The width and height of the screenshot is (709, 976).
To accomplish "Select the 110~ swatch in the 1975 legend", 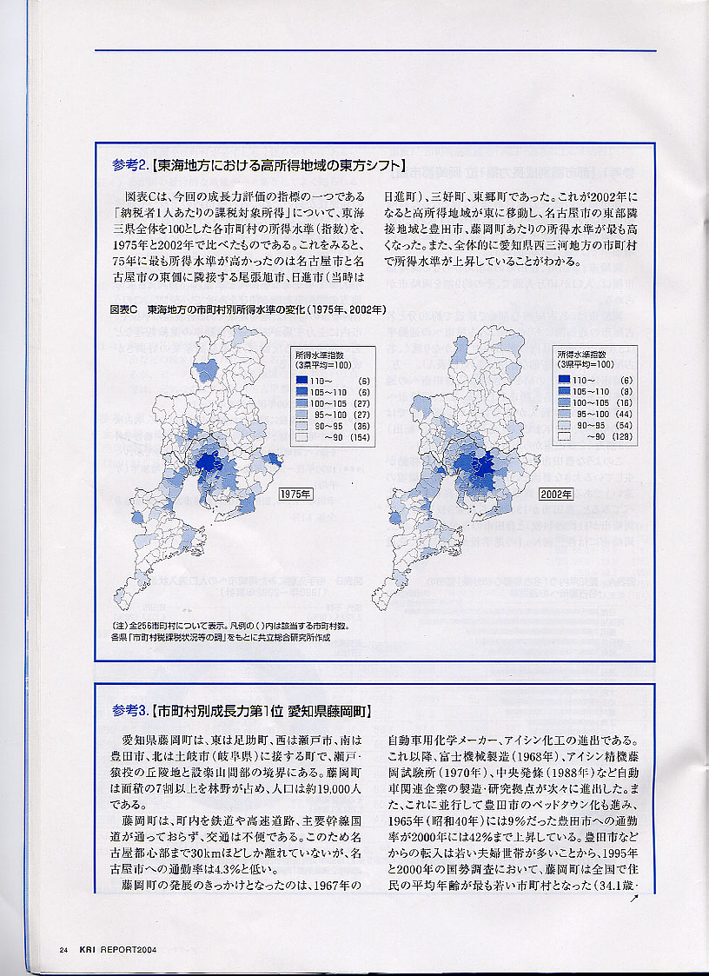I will [x=301, y=381].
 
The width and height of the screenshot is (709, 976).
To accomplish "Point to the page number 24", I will [x=64, y=949].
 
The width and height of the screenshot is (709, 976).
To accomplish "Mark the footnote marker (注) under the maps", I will [x=119, y=626].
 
